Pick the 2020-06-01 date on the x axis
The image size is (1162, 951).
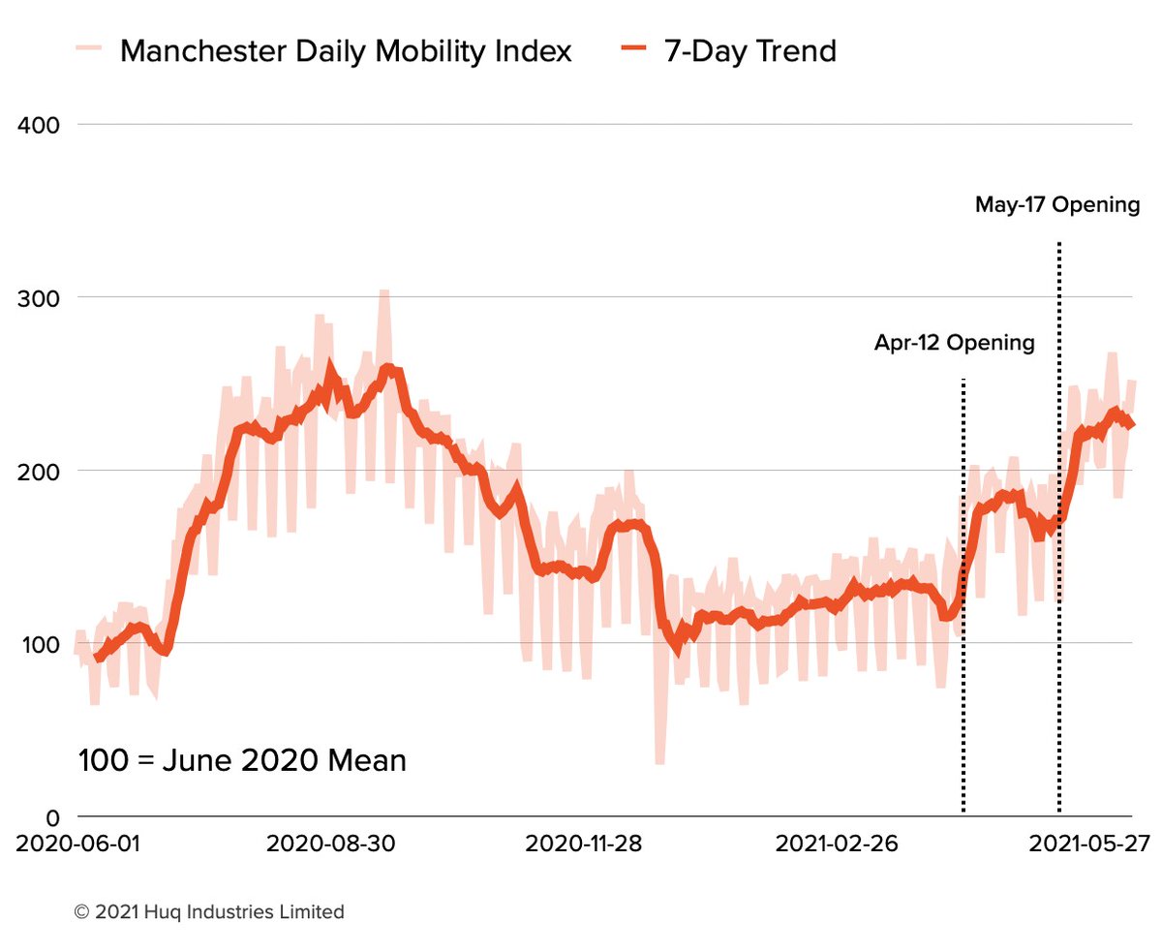[x=78, y=844]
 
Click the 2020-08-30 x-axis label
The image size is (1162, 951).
[x=330, y=844]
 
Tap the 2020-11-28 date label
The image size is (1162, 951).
[x=583, y=844]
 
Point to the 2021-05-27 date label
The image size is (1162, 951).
[x=1088, y=844]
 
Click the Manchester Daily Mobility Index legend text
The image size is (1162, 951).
[x=346, y=50]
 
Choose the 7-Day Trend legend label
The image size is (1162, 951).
[x=749, y=50]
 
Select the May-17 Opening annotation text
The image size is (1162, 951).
[x=1057, y=205]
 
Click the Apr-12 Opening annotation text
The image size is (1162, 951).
[x=954, y=343]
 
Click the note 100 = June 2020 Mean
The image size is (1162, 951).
[x=242, y=760]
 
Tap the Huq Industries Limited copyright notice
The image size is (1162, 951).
[x=209, y=912]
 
